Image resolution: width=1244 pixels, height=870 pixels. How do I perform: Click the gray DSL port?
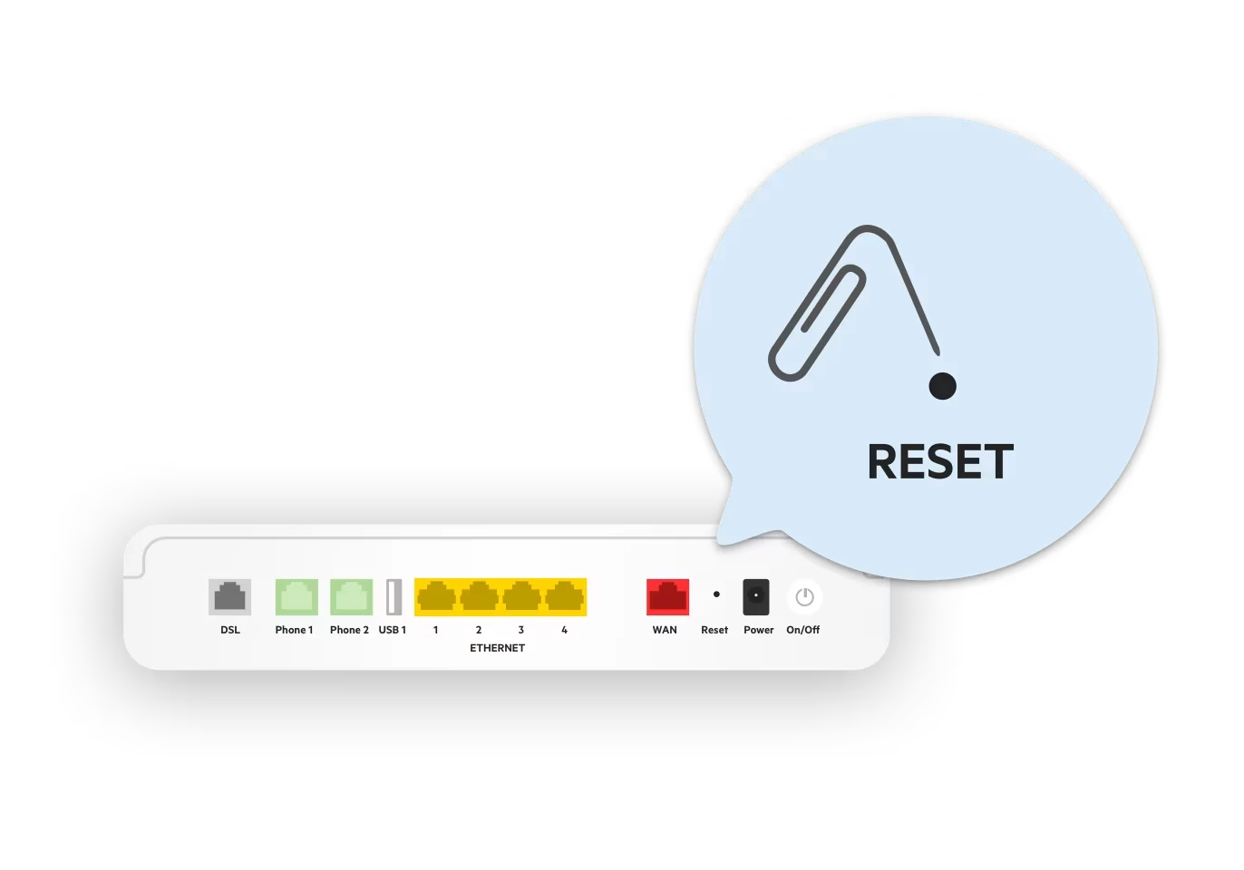[229, 597]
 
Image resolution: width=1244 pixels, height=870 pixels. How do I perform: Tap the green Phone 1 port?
[296, 597]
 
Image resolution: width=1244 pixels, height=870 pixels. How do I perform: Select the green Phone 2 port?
[351, 597]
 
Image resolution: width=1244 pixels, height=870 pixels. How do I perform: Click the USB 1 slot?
[394, 597]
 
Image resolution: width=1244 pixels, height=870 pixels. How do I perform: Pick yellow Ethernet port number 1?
[436, 597]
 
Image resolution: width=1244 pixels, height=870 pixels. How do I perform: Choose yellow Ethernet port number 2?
[479, 597]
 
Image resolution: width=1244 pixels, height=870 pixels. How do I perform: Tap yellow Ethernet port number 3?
[521, 597]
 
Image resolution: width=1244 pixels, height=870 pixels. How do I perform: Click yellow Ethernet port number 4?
[564, 597]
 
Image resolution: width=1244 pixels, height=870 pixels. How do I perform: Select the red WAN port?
[667, 597]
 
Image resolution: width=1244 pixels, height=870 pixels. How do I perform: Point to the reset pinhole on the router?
[716, 594]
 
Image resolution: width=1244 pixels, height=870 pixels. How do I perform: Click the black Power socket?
[756, 597]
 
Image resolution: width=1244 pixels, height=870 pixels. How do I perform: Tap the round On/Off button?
[804, 597]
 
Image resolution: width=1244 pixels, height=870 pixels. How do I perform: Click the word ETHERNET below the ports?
[497, 648]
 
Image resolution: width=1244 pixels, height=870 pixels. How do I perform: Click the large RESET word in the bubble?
[940, 462]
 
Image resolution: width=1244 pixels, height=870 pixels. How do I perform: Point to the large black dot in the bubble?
[943, 386]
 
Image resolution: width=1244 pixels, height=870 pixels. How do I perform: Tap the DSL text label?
[230, 630]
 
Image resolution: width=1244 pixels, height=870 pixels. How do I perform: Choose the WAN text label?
[665, 630]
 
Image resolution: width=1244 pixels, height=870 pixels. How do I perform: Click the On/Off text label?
[802, 630]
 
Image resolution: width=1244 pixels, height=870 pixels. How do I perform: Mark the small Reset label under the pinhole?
[714, 630]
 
